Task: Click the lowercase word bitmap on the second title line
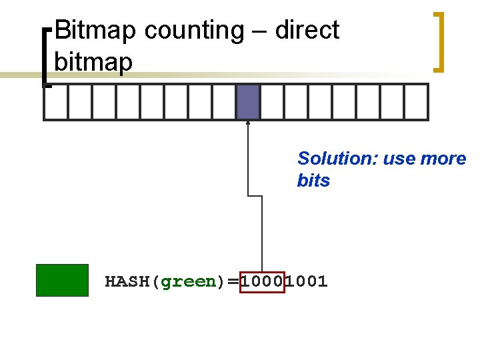point(93,62)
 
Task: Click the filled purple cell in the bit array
point(248,102)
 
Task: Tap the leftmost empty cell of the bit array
point(55,102)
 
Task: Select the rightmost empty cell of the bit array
point(416,102)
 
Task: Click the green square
point(62,280)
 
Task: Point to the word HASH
point(128,281)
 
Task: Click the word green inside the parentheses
point(189,281)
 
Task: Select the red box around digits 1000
point(263,281)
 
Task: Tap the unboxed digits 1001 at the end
point(307,281)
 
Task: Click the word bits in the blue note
point(313,181)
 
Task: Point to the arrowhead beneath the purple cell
point(248,123)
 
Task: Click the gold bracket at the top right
point(439,41)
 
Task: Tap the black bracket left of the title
point(45,57)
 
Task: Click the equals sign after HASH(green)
point(233,282)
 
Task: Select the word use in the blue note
point(398,159)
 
